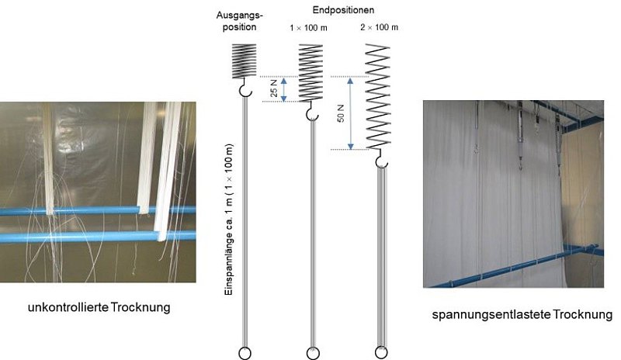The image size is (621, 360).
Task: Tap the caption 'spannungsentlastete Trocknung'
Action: (x=522, y=315)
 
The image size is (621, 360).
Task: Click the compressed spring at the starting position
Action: (x=245, y=60)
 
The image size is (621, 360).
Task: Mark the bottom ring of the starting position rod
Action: (x=245, y=353)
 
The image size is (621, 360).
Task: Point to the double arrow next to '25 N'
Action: (x=285, y=88)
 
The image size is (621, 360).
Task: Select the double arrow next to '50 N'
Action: (x=351, y=112)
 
